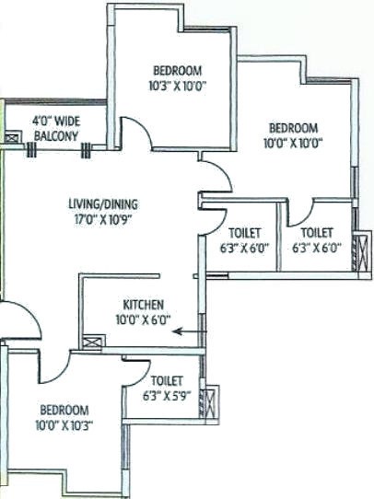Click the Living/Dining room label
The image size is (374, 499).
coord(103,204)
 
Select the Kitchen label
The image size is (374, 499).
coord(143,305)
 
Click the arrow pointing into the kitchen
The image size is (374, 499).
coord(190,331)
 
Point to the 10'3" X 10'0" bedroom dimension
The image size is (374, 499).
coord(178,86)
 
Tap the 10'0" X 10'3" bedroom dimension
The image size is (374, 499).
coord(64,425)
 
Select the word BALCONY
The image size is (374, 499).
coord(56,136)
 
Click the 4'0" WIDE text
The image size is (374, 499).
coord(56,122)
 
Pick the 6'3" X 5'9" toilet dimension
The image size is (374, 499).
coord(167,396)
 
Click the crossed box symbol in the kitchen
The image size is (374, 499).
coord(92,342)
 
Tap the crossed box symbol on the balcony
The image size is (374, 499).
coord(12,138)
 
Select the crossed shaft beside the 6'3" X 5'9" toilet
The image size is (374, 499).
coord(211,401)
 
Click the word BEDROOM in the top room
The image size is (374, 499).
coord(178,71)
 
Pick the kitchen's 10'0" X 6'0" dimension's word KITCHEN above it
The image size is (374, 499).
coord(143,305)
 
